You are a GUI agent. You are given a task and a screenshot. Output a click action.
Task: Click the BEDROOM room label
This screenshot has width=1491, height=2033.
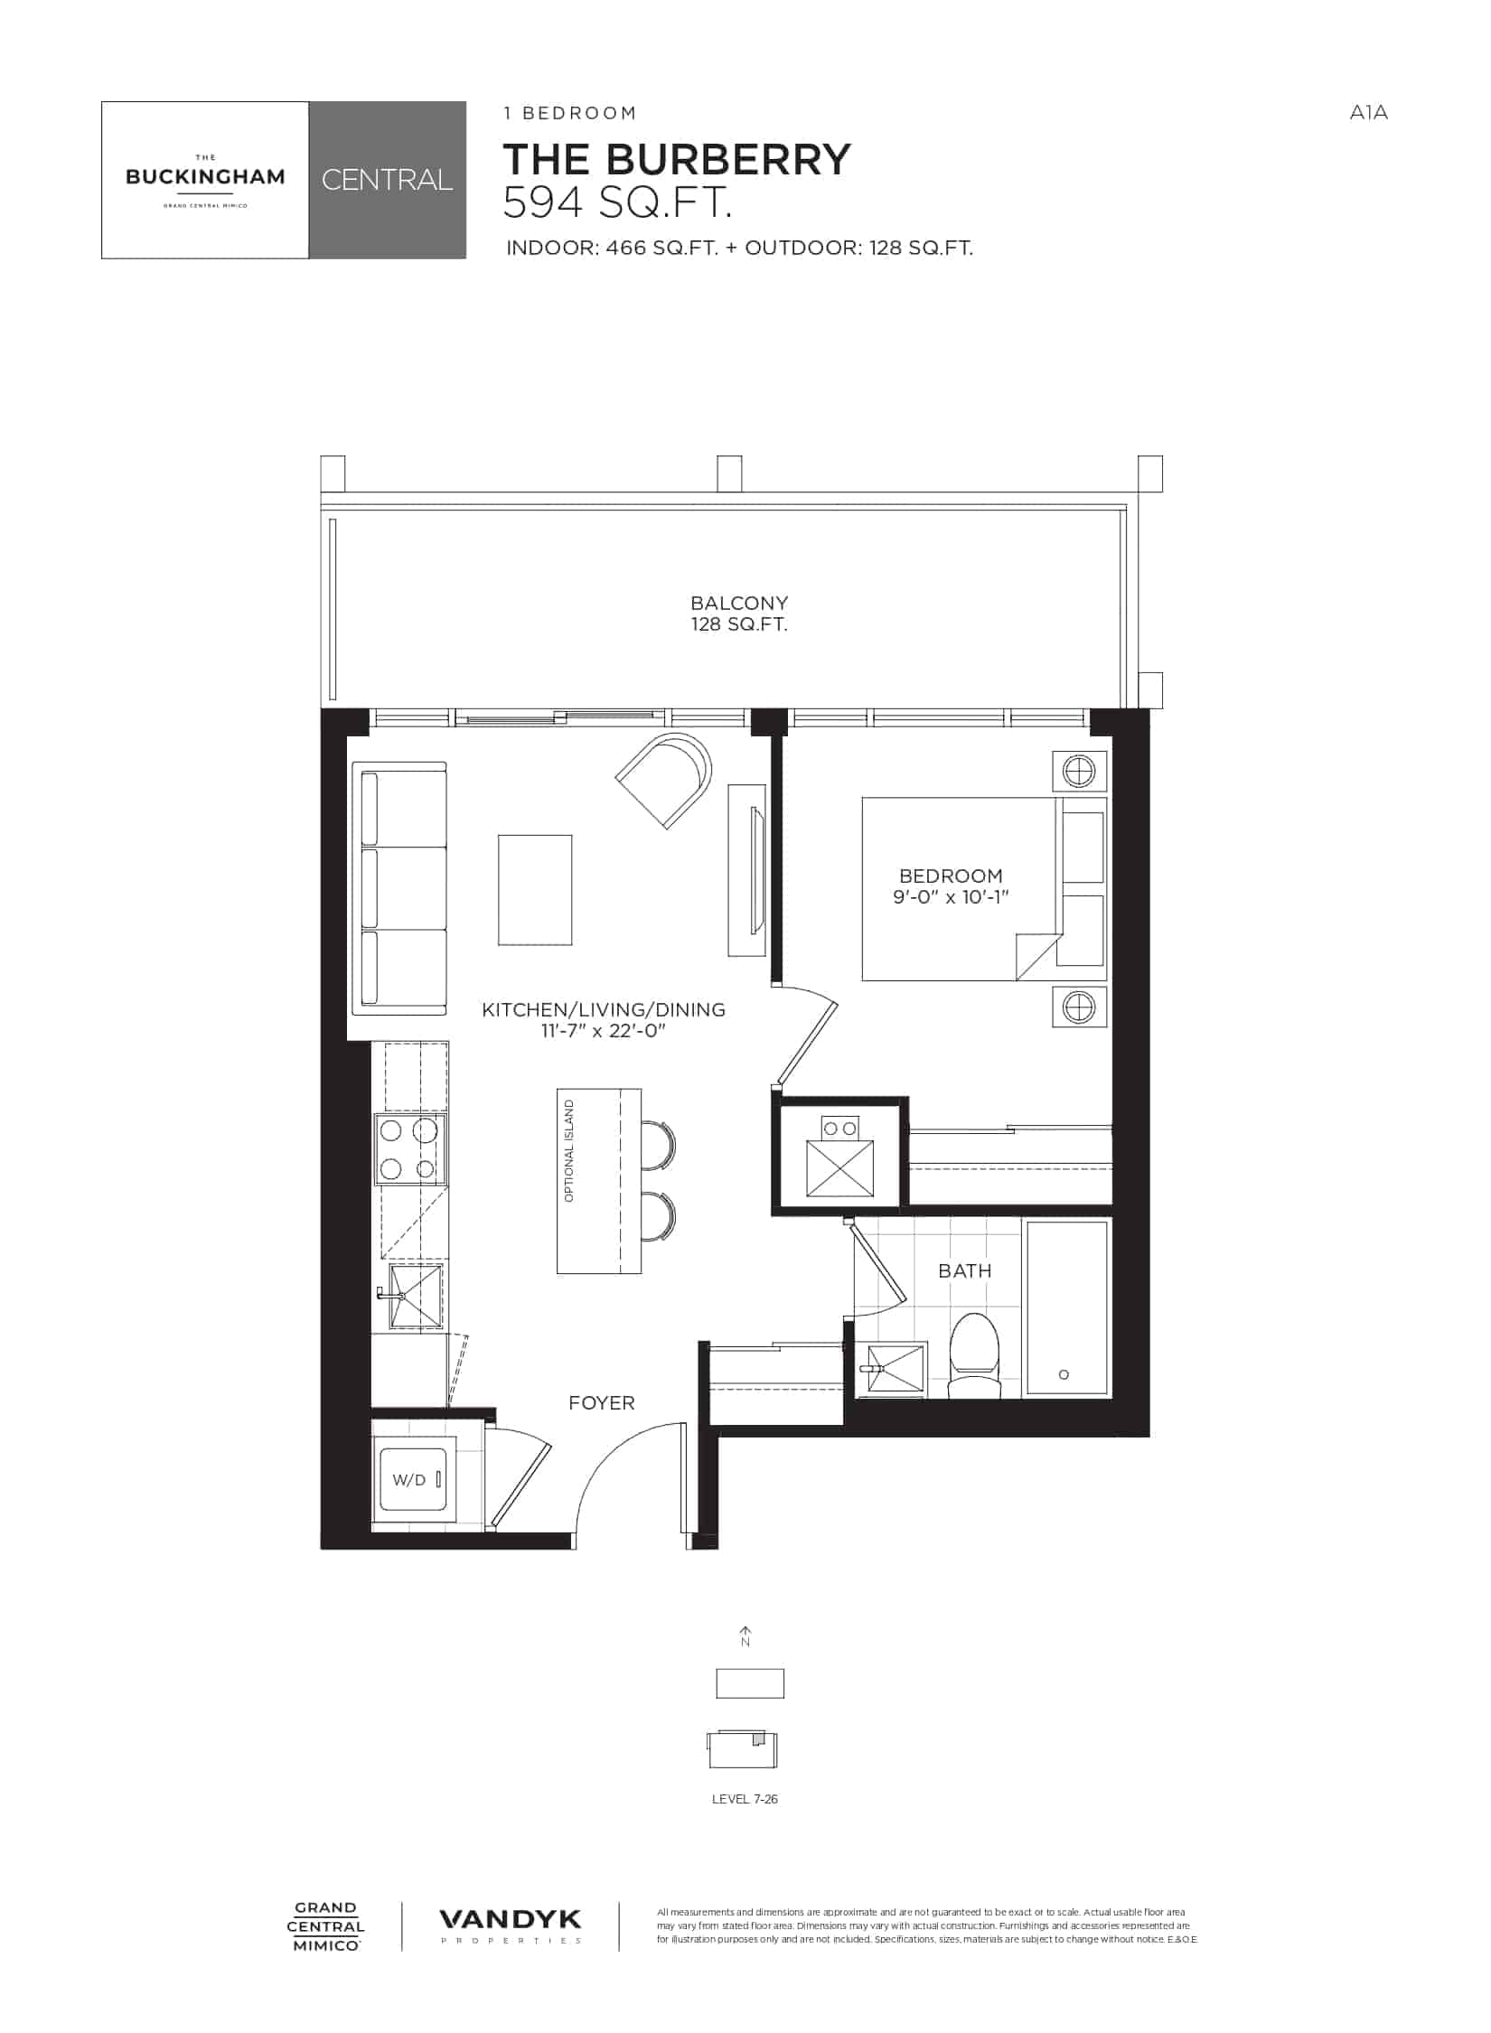tap(951, 876)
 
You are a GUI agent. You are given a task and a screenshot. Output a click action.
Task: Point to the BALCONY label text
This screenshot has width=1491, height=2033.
tap(739, 603)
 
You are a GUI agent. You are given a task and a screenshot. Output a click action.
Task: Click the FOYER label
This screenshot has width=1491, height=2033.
tap(602, 1402)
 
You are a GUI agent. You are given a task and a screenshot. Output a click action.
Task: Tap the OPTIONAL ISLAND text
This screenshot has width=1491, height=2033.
tap(569, 1151)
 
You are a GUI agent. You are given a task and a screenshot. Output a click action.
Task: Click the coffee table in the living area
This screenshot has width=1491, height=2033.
tap(535, 890)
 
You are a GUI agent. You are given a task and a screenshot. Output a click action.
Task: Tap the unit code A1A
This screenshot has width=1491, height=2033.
tap(1368, 113)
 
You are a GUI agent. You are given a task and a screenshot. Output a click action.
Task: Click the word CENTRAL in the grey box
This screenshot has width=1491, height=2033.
tap(387, 180)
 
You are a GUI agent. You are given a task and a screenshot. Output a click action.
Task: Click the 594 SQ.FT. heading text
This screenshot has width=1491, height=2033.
tap(616, 202)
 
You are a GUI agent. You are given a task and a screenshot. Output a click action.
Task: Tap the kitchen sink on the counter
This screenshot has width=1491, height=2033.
tap(414, 1297)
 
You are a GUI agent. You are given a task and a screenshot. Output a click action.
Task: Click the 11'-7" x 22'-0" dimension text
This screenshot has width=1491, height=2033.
tap(604, 1030)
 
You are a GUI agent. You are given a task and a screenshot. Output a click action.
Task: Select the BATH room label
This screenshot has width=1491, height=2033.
tap(965, 1270)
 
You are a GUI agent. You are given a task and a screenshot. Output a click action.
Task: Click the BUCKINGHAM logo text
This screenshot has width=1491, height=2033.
tap(205, 177)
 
